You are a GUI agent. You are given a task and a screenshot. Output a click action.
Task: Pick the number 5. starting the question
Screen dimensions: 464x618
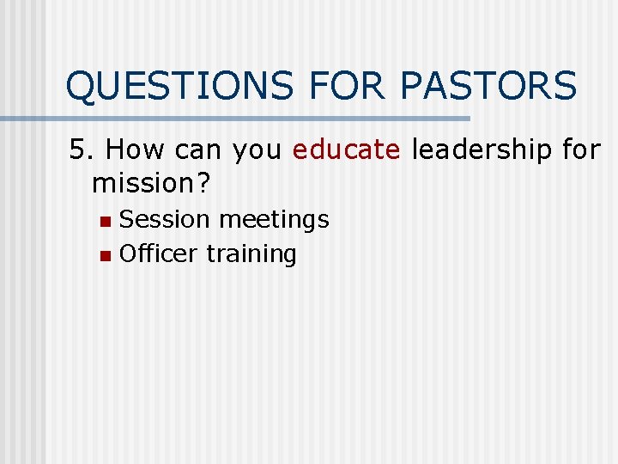click(x=81, y=150)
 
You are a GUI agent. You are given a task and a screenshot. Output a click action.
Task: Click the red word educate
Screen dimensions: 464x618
click(x=346, y=150)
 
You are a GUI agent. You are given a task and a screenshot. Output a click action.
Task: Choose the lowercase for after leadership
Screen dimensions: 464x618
click(x=581, y=150)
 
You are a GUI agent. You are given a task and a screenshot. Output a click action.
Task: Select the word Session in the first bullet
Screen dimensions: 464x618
click(x=165, y=220)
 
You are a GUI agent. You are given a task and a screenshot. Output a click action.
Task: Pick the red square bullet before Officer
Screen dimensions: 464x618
click(x=105, y=255)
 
